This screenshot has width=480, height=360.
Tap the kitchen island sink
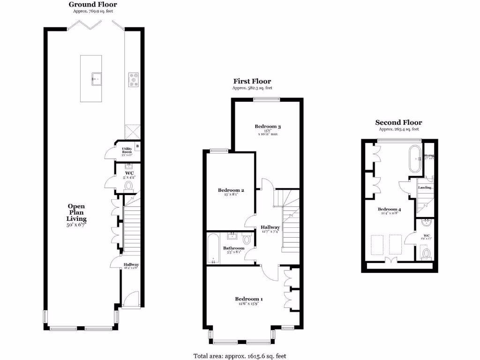tap(97, 78)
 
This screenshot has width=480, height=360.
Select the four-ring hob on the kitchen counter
tap(133, 80)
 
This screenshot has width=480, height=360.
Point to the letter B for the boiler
tap(137, 146)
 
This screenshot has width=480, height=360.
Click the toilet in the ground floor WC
tap(129, 186)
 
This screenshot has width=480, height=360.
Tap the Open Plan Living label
tap(76, 212)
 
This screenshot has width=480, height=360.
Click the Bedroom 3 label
tap(268, 127)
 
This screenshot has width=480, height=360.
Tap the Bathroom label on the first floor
tap(233, 248)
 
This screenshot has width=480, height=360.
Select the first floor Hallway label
tap(270, 227)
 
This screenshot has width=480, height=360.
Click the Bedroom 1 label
tap(248, 299)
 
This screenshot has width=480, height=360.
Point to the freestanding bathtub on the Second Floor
tap(415, 160)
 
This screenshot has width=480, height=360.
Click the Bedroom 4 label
tap(389, 209)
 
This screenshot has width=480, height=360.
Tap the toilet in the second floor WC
tap(426, 254)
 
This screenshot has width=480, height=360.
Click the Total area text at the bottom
tap(240, 356)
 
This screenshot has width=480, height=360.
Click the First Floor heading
tap(252, 81)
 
